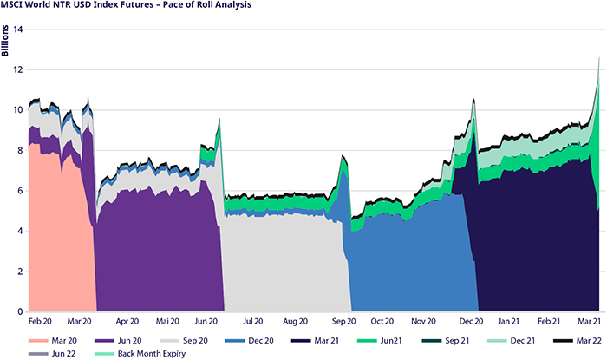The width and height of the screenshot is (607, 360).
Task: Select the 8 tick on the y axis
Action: point(19,151)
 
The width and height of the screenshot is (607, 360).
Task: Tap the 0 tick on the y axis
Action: point(19,311)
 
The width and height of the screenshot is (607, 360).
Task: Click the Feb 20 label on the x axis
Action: point(42,321)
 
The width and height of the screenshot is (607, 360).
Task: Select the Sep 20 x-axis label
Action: point(341,321)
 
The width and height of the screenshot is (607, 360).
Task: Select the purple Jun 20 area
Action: point(156,243)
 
